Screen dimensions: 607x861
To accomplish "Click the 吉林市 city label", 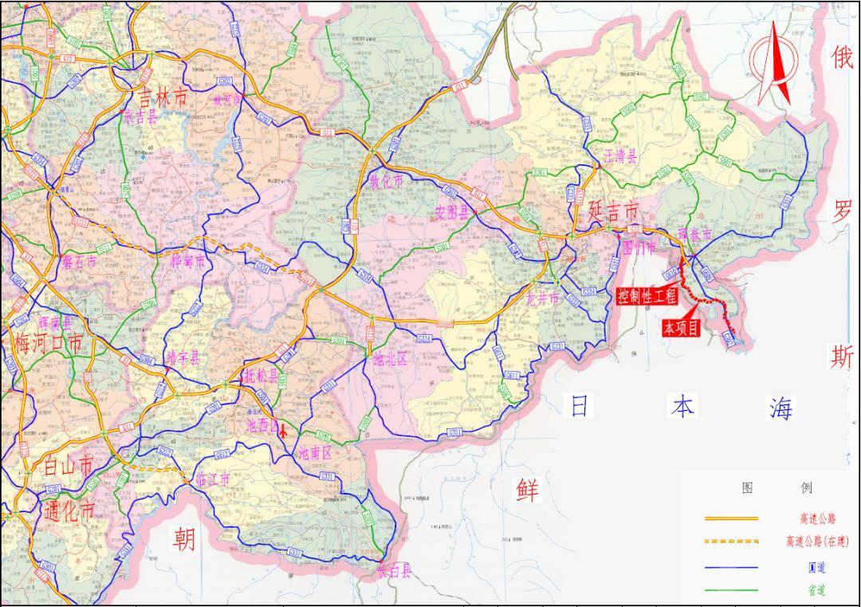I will (163, 97).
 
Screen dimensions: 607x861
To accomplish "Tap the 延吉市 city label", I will (613, 211).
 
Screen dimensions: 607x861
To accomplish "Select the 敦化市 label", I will (386, 181).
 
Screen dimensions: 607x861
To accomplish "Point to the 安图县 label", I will (454, 213).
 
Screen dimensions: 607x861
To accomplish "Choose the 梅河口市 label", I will (48, 345).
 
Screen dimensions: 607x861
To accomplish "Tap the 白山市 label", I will (68, 467).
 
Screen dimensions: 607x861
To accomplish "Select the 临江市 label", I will (213, 479).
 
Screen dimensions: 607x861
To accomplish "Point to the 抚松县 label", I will (261, 376).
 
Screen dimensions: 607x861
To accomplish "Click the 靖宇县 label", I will (183, 358).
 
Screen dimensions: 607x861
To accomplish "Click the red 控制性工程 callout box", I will (647, 297).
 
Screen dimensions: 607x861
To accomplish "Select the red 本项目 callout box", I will (681, 327).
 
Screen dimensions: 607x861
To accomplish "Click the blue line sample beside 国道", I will (730, 567).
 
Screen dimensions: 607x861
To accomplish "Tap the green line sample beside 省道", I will (730, 590).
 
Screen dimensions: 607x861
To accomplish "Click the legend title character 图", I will (747, 487).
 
